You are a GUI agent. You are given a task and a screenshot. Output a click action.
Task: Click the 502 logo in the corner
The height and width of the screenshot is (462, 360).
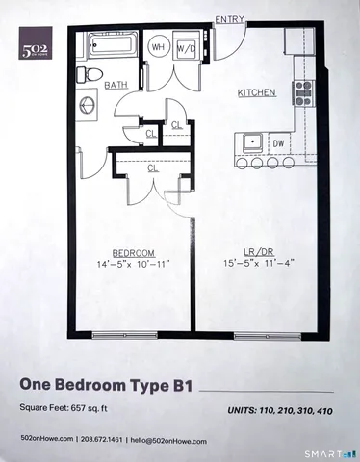[38, 43]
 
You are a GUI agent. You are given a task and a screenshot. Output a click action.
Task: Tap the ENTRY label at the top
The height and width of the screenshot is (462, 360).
[228, 19]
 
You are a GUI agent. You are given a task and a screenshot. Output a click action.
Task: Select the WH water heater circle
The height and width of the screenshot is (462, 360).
[158, 47]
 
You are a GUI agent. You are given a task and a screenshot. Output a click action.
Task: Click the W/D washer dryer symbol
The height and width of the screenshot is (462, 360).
[186, 47]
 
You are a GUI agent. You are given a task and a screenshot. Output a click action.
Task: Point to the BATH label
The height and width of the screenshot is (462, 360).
[116, 85]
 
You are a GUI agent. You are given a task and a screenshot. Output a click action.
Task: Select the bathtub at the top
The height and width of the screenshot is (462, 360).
[114, 46]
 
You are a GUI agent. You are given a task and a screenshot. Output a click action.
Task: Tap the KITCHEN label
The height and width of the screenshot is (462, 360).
[257, 92]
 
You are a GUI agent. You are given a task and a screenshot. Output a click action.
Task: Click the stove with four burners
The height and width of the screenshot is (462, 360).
[303, 92]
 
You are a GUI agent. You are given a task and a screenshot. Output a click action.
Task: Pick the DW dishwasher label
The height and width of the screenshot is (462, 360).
[278, 142]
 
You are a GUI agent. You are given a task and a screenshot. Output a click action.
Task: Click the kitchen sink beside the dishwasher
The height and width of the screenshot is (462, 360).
[251, 141]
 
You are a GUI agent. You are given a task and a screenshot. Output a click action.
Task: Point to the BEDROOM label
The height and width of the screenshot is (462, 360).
[127, 253]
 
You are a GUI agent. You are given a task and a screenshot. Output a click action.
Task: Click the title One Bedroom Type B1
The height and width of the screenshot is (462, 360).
[107, 385]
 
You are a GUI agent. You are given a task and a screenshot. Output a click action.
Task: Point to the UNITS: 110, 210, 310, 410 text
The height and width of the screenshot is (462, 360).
[281, 410]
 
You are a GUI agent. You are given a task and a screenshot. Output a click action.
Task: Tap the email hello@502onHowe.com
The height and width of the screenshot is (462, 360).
[168, 440]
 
